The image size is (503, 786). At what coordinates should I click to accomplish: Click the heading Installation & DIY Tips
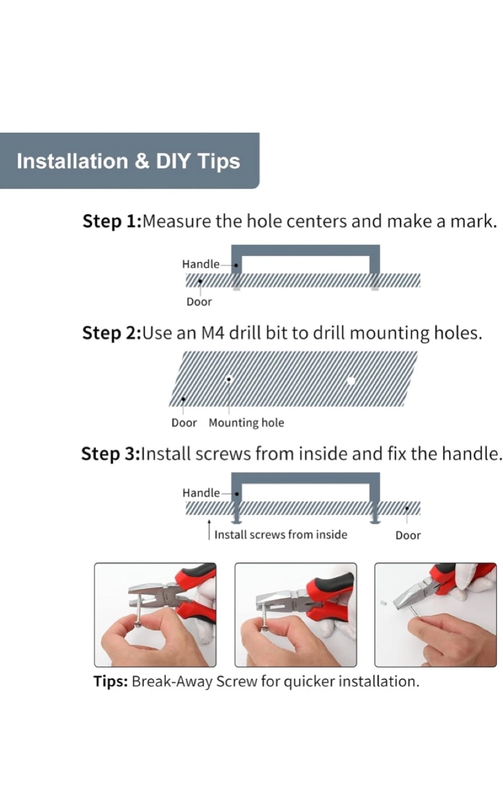coord(128,161)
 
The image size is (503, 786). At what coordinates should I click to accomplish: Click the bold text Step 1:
coord(112,222)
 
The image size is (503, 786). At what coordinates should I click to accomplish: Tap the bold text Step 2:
coord(111,333)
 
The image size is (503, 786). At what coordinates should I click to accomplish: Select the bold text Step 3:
coord(111,454)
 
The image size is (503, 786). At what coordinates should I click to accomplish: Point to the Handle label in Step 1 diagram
coord(201,264)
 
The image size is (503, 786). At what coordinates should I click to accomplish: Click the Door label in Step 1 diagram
coord(199,302)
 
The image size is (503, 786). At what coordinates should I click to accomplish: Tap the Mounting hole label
coord(246,423)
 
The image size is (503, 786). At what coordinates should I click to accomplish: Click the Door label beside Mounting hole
coord(184,423)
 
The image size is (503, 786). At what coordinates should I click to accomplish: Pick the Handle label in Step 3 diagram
coord(201,493)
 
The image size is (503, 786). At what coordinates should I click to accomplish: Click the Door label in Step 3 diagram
coord(408,535)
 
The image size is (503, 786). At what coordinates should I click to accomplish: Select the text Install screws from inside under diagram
coord(280,535)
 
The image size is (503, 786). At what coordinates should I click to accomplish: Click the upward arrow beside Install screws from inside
coord(209,530)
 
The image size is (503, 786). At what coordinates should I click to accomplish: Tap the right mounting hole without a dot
coord(351,381)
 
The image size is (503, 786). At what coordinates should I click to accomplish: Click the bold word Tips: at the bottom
coord(111,681)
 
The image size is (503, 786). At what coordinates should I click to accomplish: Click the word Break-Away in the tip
coord(172,681)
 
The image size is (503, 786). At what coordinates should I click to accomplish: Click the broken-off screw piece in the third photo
coord(383,603)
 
